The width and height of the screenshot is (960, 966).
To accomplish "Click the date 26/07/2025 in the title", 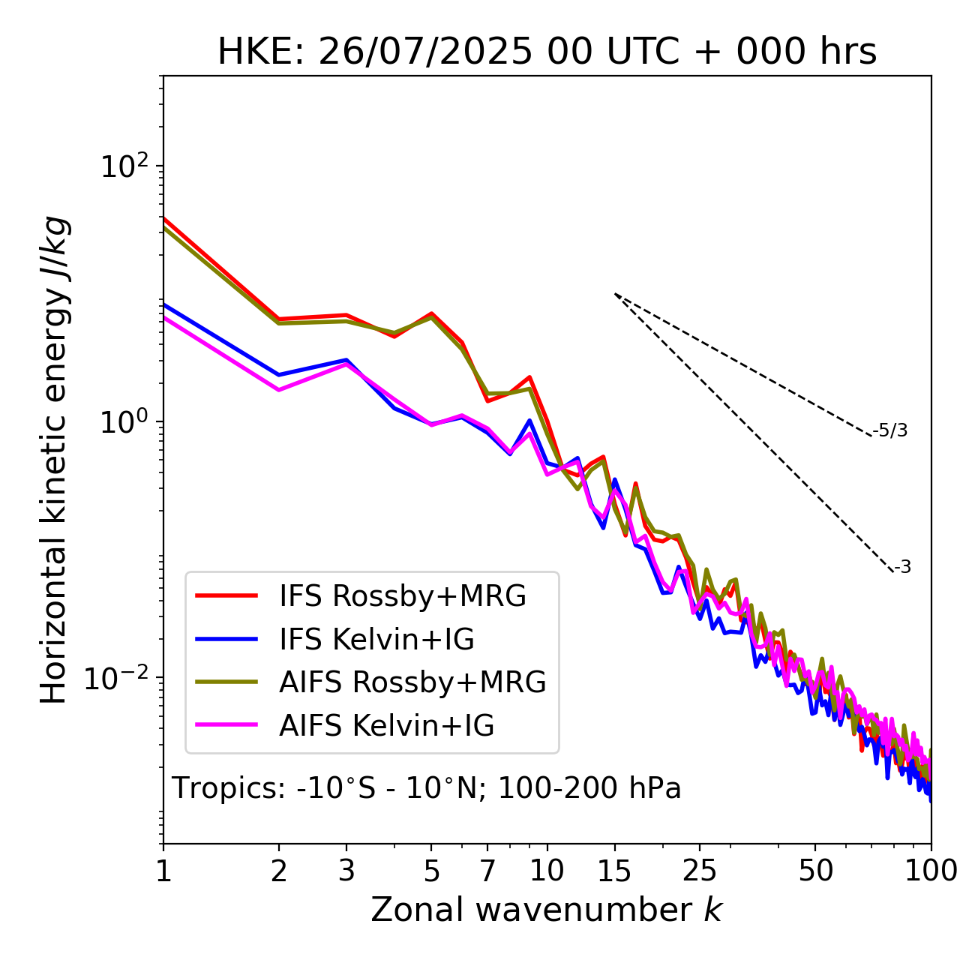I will coord(427,52).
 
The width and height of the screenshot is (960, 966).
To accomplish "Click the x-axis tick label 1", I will coord(163,871).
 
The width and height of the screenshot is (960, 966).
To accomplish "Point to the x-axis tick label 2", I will coord(279,871).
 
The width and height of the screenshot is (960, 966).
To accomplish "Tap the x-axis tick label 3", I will coord(346,871).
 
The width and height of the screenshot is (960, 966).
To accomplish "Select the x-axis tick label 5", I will coord(431,871).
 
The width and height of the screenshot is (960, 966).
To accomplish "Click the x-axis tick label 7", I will coord(487,871).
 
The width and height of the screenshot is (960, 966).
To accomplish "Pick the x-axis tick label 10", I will coord(547,871).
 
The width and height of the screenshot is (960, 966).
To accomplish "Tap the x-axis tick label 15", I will coord(614,871).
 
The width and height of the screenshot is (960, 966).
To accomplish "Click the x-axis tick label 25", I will coord(700,871).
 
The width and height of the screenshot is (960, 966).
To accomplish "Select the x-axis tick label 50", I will coord(815,871).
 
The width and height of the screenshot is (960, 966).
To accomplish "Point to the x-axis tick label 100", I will coord(931,871).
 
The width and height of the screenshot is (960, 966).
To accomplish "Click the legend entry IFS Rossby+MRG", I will coord(402,596).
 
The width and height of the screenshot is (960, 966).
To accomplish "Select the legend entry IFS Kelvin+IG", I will coord(376,640).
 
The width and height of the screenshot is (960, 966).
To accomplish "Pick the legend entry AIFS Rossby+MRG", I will coord(412,682).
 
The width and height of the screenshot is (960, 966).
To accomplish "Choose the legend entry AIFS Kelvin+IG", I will coord(386,726).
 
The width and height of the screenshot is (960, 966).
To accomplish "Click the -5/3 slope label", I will coord(890,430).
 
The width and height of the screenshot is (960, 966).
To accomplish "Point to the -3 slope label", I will coord(902,568).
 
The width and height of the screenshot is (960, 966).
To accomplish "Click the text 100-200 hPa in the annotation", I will coord(589,789).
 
